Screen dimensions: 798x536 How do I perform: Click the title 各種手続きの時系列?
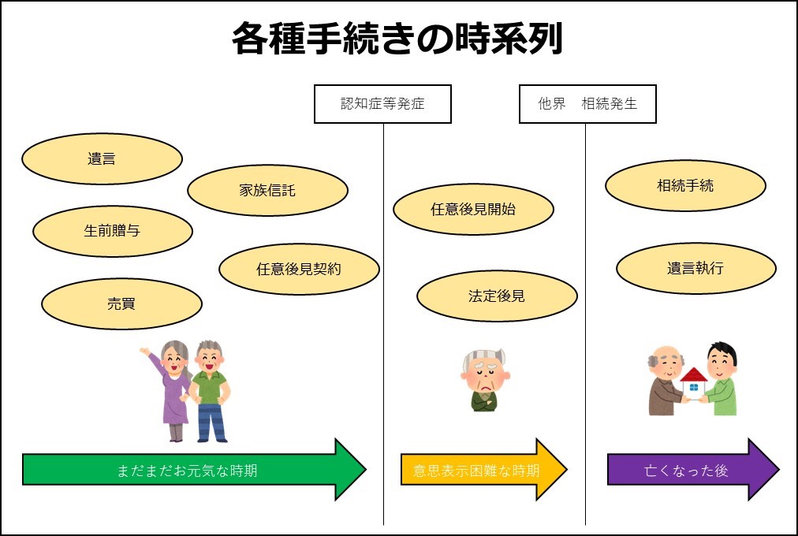pos(397,38)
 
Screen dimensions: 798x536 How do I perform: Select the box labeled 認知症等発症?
pos(382,104)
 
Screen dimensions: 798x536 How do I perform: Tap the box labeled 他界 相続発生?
pos(587,104)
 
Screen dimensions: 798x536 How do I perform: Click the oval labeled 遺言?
pos(102,158)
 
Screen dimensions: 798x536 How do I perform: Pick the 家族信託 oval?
pos(267,190)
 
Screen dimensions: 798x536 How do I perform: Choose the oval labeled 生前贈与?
pos(113,231)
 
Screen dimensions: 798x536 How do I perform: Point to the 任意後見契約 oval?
pos(300,269)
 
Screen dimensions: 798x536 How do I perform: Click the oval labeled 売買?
pos(121,303)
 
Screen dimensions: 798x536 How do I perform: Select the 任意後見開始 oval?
pos(473,209)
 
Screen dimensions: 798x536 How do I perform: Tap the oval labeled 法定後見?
pos(498,296)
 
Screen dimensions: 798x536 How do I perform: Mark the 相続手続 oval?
pos(685,185)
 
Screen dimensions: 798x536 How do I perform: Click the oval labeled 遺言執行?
pos(696,268)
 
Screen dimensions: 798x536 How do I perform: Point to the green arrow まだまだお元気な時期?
pos(195,469)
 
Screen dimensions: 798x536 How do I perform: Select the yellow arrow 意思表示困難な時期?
pos(484,469)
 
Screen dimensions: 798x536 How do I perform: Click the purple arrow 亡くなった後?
pos(693,469)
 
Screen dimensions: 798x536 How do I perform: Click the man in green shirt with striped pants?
pos(211,390)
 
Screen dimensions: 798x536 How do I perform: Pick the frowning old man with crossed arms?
pos(485,379)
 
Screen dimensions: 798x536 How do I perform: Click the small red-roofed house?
pos(694,382)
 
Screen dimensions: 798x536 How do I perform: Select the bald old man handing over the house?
pos(666,381)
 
